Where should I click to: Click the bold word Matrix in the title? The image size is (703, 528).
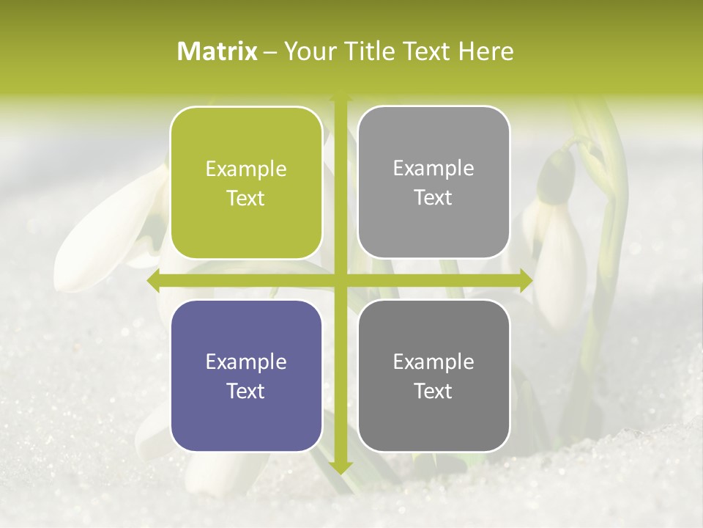218,51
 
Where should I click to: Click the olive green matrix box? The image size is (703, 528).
246,183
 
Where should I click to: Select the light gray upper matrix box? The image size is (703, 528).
434,183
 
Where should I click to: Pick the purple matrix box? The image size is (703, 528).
246,375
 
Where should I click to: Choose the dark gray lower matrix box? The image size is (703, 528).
434,375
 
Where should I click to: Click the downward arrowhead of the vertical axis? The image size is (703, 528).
340,467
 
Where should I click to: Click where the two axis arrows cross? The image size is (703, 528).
340,280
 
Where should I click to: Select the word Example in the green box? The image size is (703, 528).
246,169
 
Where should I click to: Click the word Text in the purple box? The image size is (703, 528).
246,391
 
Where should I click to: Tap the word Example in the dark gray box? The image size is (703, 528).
434,362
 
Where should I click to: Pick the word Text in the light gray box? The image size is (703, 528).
434,197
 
